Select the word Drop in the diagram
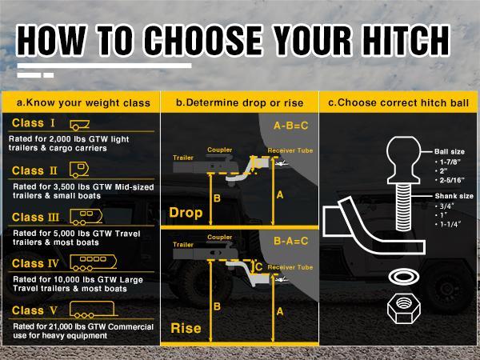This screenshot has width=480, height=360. coord(186,213)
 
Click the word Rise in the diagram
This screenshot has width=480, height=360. coord(186,328)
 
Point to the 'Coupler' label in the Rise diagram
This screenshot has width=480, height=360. coord(219,237)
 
